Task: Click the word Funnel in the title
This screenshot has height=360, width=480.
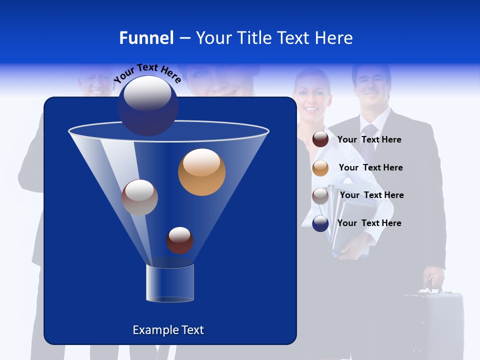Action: click(x=146, y=38)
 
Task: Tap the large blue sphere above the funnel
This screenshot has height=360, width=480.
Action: click(x=148, y=106)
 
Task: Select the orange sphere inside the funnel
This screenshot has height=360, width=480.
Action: click(x=201, y=172)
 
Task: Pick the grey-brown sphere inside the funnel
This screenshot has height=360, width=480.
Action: click(x=139, y=197)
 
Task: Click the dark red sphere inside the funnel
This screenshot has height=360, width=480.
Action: click(x=179, y=240)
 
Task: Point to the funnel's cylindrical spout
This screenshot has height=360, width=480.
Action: click(x=169, y=283)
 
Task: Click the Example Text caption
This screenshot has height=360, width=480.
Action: click(x=168, y=330)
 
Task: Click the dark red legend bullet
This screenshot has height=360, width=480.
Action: click(x=320, y=139)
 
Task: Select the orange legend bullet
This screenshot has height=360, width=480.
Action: click(x=320, y=168)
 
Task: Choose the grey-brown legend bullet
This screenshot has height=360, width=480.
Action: click(x=320, y=196)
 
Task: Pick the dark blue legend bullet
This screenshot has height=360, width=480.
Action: click(x=320, y=223)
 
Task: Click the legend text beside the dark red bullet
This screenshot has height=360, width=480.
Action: click(x=369, y=140)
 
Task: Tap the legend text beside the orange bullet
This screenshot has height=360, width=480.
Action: click(x=370, y=168)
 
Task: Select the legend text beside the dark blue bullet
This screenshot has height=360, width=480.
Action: click(x=369, y=223)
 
